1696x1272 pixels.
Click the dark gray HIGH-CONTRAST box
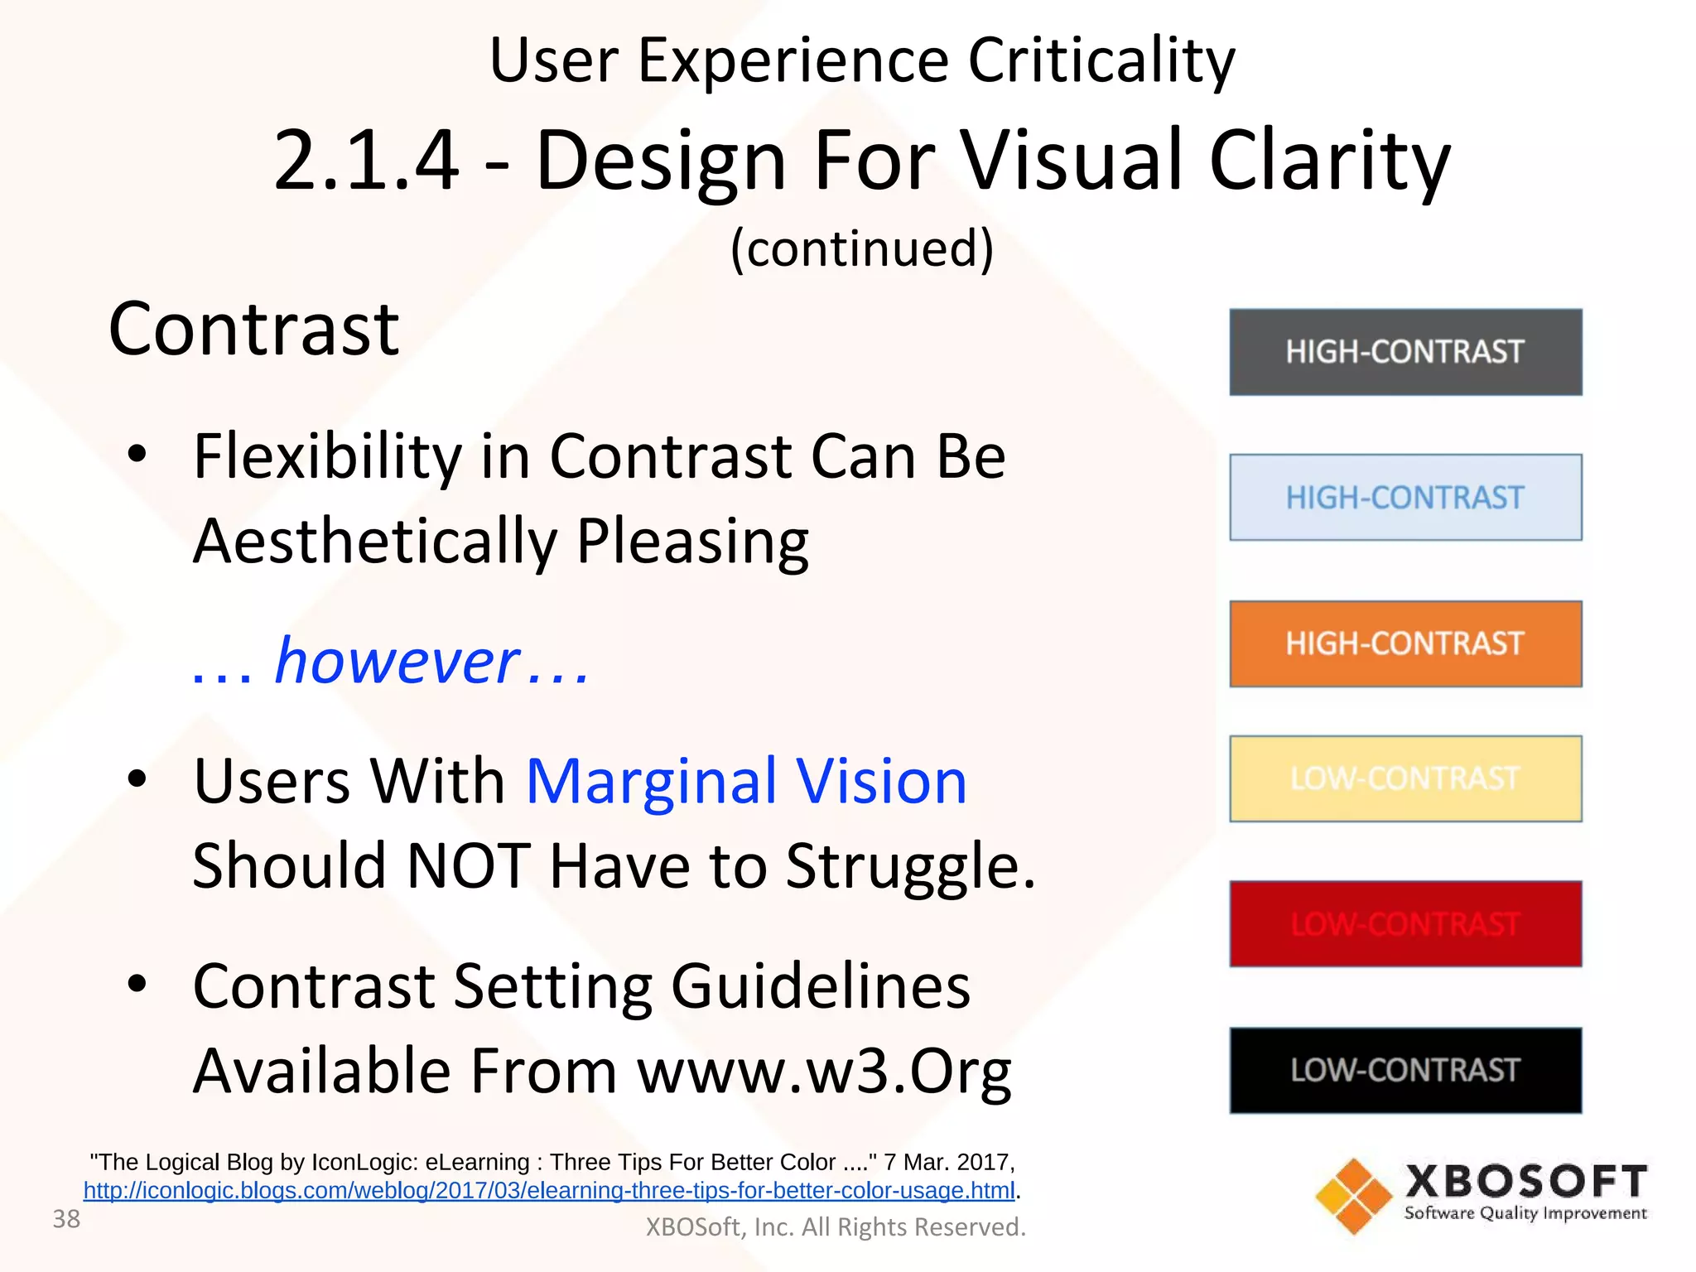[1405, 352]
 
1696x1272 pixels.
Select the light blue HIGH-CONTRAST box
[1405, 498]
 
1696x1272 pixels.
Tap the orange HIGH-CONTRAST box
[1405, 643]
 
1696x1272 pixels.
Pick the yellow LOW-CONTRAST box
[1405, 778]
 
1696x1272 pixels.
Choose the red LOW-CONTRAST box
[1405, 924]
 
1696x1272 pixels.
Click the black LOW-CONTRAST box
[1405, 1070]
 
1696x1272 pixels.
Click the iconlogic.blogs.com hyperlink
[549, 1191]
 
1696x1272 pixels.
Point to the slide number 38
[66, 1219]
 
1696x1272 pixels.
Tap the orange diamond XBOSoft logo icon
[1353, 1196]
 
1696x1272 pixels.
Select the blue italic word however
[397, 661]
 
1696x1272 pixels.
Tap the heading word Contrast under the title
[253, 330]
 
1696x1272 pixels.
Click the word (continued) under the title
[861, 248]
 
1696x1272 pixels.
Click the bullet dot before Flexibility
[137, 453]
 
